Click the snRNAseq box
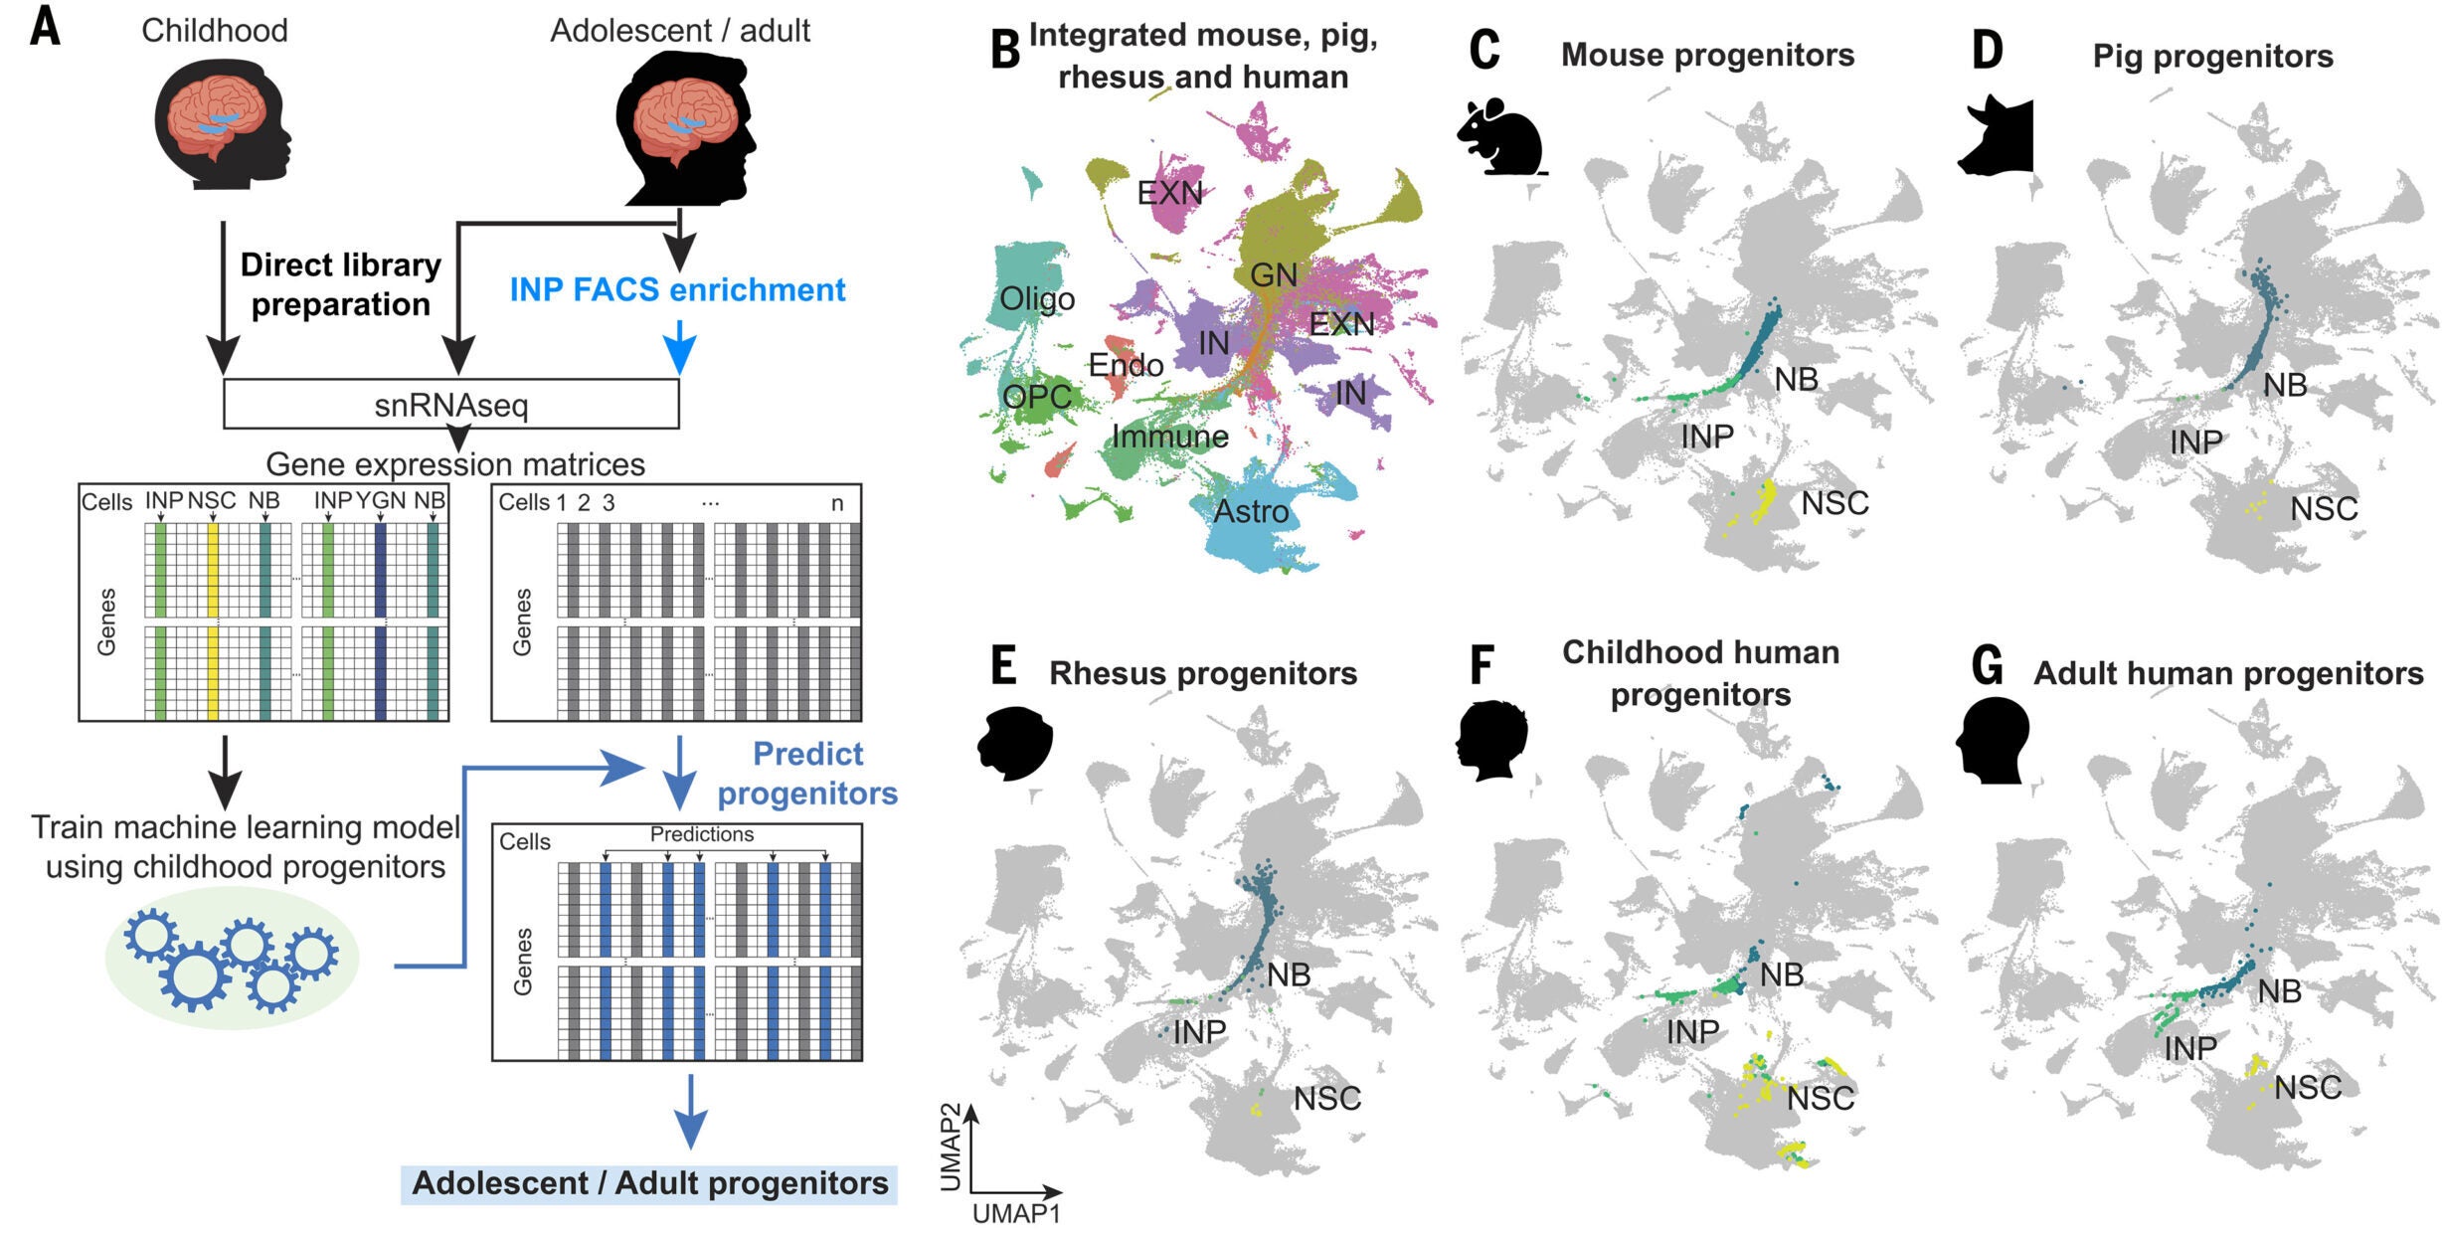(450, 404)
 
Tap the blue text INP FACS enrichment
(677, 289)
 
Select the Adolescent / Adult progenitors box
(649, 1183)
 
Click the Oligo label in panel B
(1036, 298)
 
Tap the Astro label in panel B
(1251, 511)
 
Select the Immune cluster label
(1169, 437)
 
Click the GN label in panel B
(1273, 274)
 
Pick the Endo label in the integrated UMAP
(1126, 365)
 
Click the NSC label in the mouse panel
(1834, 503)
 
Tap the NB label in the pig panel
(2285, 385)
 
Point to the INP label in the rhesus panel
(1199, 1032)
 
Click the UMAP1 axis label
(1015, 1213)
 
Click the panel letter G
(1987, 666)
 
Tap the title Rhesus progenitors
(1202, 673)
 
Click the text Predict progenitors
(806, 774)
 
